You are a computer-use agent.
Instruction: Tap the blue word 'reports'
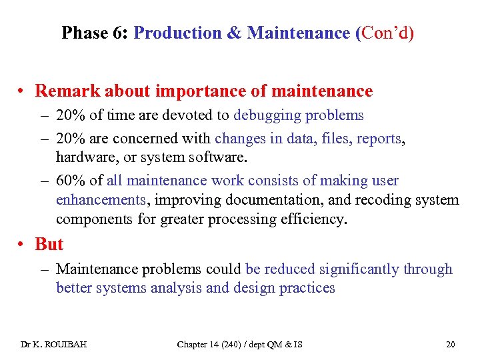pos(379,139)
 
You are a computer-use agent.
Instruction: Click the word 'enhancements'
pos(101,200)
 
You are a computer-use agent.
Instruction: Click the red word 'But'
pos(49,245)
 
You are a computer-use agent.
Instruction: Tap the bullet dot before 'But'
pos(23,245)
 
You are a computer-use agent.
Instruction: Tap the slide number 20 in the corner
pos(450,344)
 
